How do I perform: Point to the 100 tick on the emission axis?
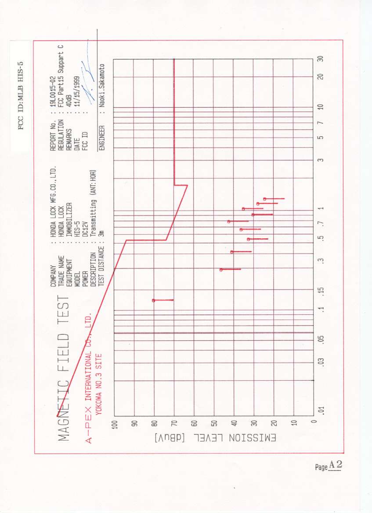[115, 424]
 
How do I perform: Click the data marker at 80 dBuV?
[153, 300]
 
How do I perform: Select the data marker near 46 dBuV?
[221, 269]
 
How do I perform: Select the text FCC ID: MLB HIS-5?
[20, 95]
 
